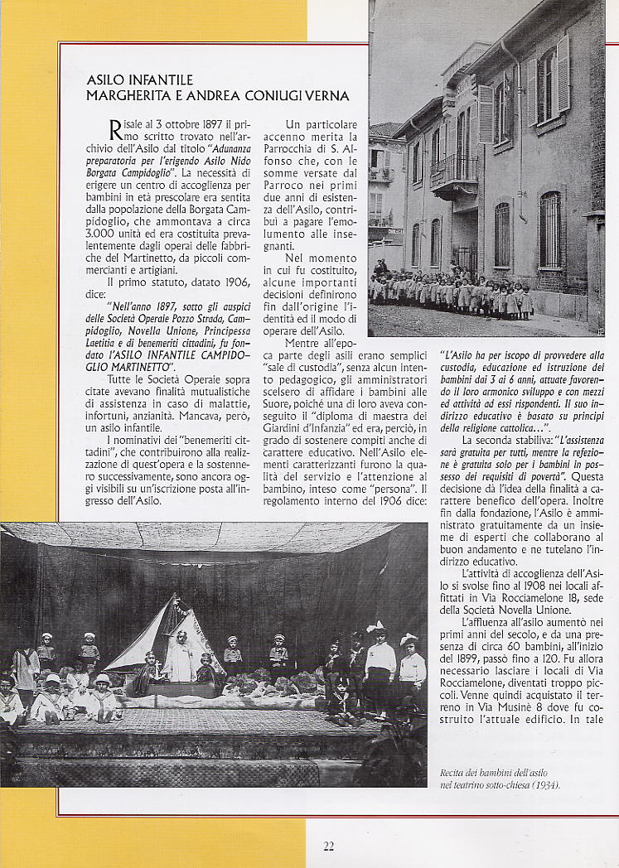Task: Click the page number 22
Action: (x=329, y=846)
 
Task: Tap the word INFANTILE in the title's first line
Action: (x=161, y=80)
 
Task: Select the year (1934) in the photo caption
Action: (x=542, y=784)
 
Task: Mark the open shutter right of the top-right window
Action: (x=563, y=75)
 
